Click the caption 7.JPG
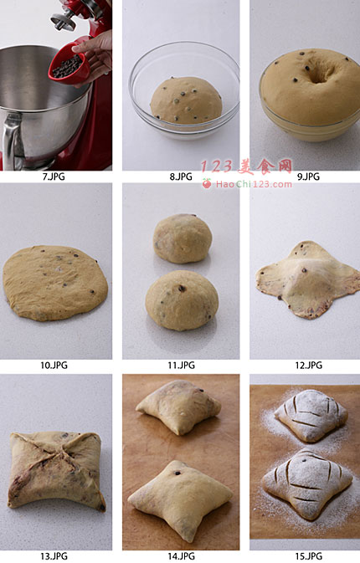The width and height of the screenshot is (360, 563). (x=54, y=177)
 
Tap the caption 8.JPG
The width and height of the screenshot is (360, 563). (x=181, y=177)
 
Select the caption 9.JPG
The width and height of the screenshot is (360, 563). (x=308, y=177)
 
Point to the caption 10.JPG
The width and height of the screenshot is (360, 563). (x=54, y=366)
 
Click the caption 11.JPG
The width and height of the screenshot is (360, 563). (x=181, y=366)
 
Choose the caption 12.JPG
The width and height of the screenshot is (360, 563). (x=309, y=366)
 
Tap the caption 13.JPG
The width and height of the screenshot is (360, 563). (x=54, y=556)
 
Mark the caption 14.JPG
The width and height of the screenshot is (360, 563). (x=181, y=556)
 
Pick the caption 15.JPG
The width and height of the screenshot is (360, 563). (x=309, y=556)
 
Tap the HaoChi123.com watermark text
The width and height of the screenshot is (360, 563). (x=254, y=185)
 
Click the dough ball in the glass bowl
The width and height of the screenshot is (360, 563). (x=186, y=100)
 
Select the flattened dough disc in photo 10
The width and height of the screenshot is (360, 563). (x=55, y=283)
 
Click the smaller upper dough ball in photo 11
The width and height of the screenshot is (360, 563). (x=183, y=238)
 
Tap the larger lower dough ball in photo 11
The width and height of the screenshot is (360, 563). (x=182, y=300)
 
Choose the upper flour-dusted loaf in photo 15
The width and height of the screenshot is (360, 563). (x=311, y=416)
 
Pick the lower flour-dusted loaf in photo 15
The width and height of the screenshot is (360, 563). (x=307, y=484)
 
